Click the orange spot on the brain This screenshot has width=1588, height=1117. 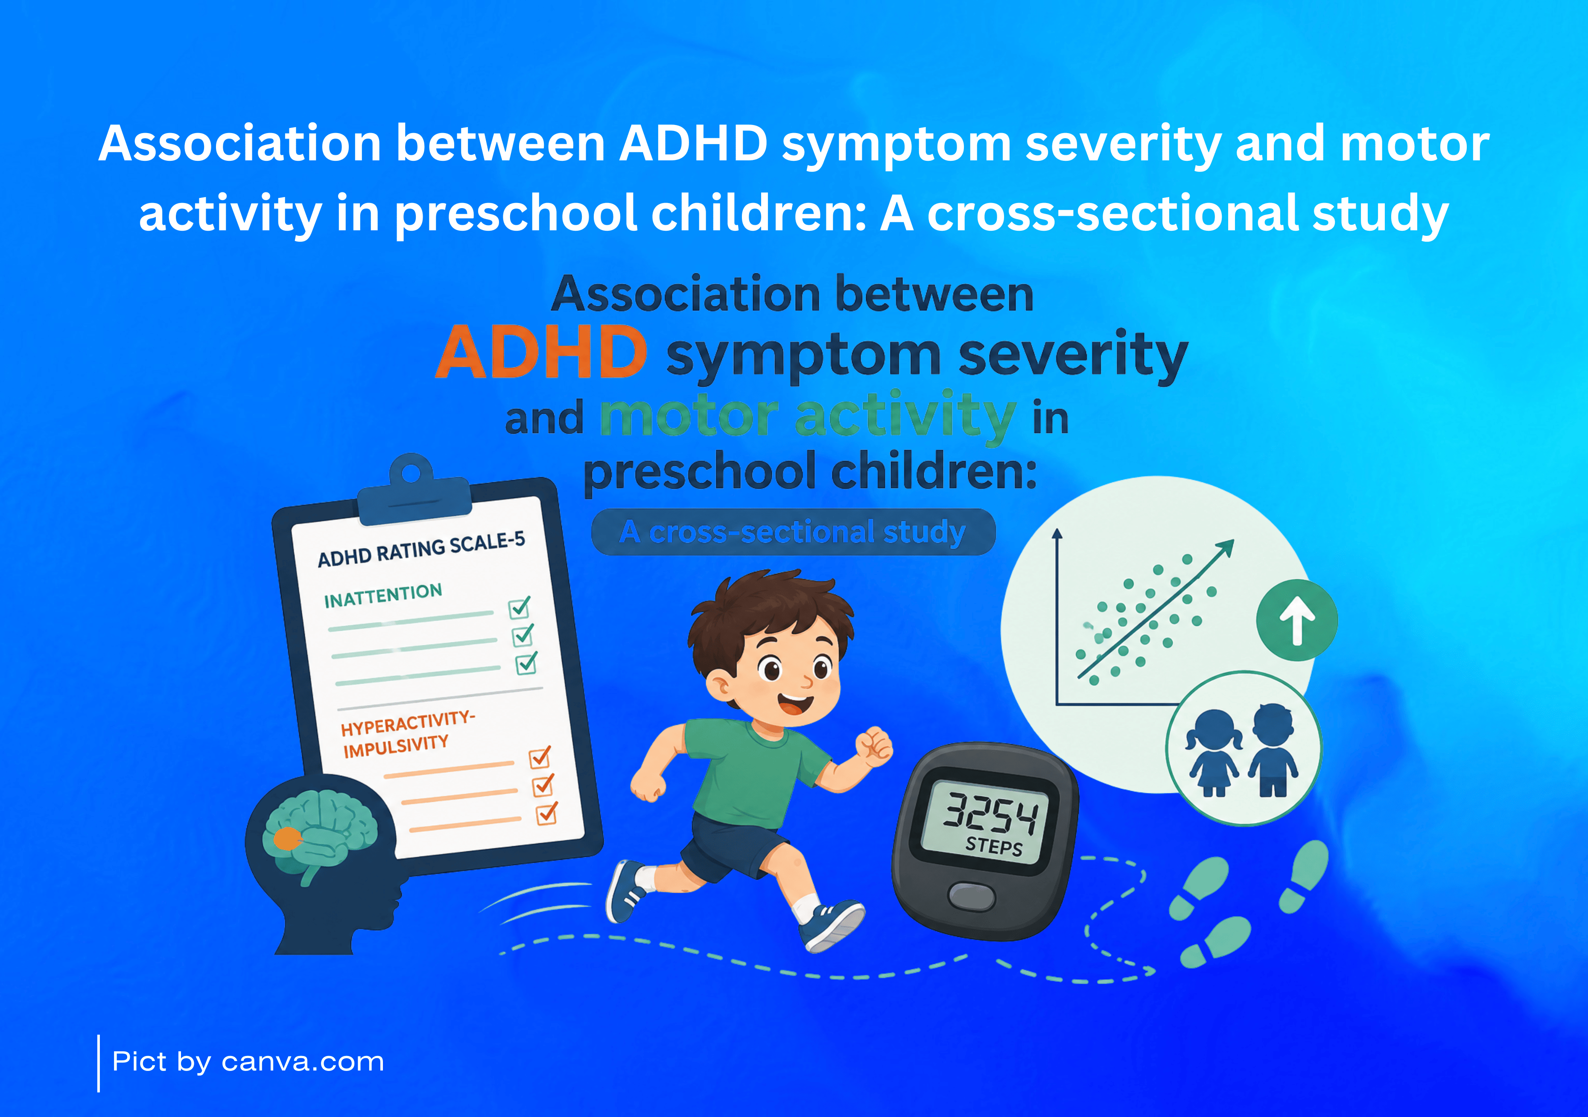[286, 839]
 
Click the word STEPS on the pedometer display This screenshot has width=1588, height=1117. [994, 846]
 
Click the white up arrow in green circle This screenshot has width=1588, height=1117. [1297, 620]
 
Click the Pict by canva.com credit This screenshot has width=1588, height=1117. [248, 1062]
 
